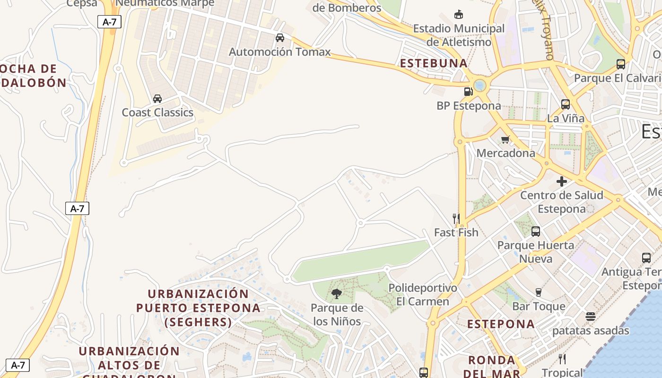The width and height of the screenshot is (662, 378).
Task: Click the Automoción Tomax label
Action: (x=279, y=52)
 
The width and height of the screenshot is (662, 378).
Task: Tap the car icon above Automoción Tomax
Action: (x=280, y=38)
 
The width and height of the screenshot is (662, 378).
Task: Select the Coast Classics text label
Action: (x=157, y=112)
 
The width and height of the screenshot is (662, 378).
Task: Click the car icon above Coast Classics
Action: (x=157, y=98)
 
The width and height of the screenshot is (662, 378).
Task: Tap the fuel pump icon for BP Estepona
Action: (x=468, y=92)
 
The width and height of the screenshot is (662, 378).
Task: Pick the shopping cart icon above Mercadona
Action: (x=505, y=139)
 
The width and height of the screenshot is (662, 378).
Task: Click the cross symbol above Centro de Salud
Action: (x=562, y=181)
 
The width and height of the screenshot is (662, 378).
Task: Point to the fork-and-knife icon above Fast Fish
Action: (x=456, y=218)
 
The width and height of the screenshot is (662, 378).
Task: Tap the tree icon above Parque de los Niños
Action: (x=337, y=294)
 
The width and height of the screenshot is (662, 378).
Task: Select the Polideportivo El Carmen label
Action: (x=423, y=294)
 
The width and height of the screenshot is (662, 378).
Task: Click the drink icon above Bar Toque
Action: (x=539, y=292)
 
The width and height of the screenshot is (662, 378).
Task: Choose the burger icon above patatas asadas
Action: (x=590, y=317)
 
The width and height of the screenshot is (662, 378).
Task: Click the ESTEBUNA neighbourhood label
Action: (x=434, y=63)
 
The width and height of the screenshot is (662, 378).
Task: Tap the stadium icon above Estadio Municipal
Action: (x=458, y=15)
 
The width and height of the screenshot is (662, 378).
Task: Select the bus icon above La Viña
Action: (x=565, y=104)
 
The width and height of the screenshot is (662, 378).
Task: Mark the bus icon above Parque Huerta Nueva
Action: (x=536, y=232)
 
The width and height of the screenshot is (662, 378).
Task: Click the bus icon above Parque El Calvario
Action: (x=621, y=64)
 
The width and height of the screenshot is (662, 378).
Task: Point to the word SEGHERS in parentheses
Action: (x=198, y=322)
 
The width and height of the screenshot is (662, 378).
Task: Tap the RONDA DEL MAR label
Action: (x=492, y=367)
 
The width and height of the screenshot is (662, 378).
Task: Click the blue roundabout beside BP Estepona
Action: (x=480, y=86)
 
